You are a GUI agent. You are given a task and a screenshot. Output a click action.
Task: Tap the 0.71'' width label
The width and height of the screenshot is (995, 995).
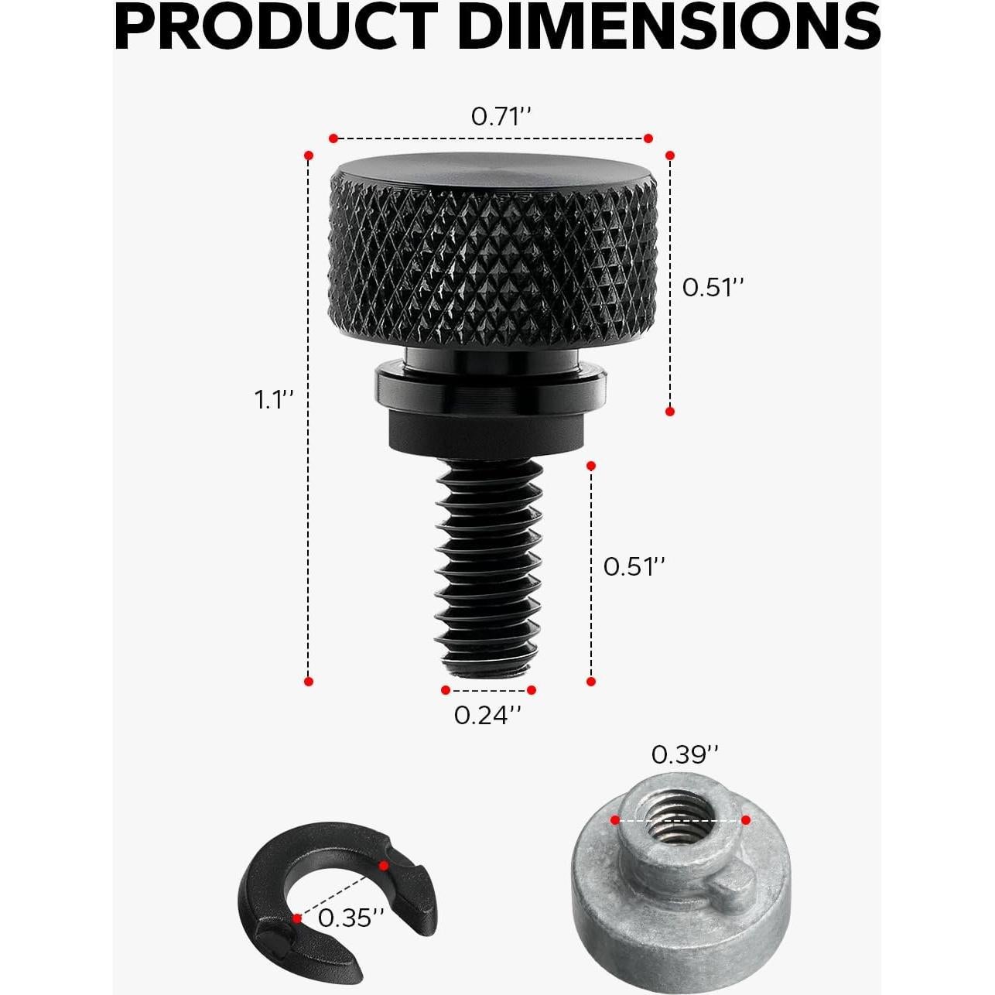tap(501, 117)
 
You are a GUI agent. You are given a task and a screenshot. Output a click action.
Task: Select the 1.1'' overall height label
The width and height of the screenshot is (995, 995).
tap(275, 400)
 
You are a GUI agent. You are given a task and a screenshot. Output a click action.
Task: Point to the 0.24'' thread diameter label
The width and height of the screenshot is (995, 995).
tap(487, 715)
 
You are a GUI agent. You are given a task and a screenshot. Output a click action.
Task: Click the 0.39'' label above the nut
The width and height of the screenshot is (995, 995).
tap(685, 754)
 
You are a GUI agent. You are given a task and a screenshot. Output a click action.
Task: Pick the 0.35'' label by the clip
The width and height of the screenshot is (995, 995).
tap(350, 918)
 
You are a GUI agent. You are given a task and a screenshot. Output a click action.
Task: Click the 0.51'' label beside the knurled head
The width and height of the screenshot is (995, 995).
tap(713, 287)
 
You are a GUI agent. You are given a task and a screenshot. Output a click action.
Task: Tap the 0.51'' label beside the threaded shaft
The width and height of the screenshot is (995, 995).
tap(634, 566)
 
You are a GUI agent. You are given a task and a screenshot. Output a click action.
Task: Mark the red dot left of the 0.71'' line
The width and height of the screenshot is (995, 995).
tap(333, 138)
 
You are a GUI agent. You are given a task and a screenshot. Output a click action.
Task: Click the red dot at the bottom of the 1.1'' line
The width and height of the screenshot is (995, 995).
tap(309, 682)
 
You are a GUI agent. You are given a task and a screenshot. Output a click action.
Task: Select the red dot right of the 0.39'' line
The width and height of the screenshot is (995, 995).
tap(745, 820)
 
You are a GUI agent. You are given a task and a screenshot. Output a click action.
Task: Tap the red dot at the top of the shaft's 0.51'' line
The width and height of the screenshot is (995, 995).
tap(591, 466)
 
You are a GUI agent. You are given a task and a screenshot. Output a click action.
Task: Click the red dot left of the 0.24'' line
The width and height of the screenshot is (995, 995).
tap(446, 690)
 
